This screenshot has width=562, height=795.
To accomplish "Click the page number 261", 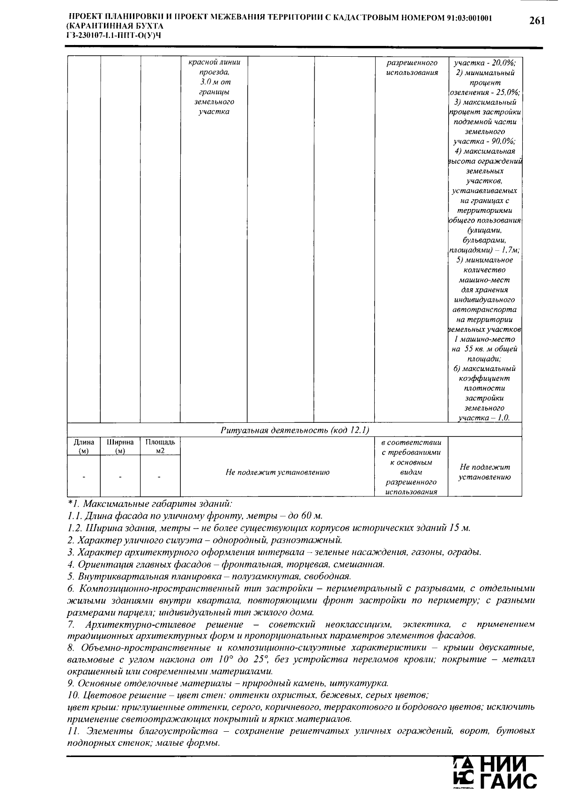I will [537, 21].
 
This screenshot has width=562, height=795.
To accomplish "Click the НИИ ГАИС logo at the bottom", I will [495, 773].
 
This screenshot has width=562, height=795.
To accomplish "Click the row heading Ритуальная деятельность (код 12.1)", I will [295, 430].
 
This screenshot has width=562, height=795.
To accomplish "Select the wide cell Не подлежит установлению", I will [277, 472].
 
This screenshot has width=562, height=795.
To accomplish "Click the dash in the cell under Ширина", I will [120, 477].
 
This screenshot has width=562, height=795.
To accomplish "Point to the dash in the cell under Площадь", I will [160, 477].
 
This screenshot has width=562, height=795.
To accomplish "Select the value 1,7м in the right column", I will [510, 250].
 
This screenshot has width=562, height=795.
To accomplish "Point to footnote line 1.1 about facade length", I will [195, 516].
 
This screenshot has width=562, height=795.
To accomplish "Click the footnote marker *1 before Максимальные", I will [74, 504].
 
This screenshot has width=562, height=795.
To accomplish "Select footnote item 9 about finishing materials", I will [228, 683].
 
